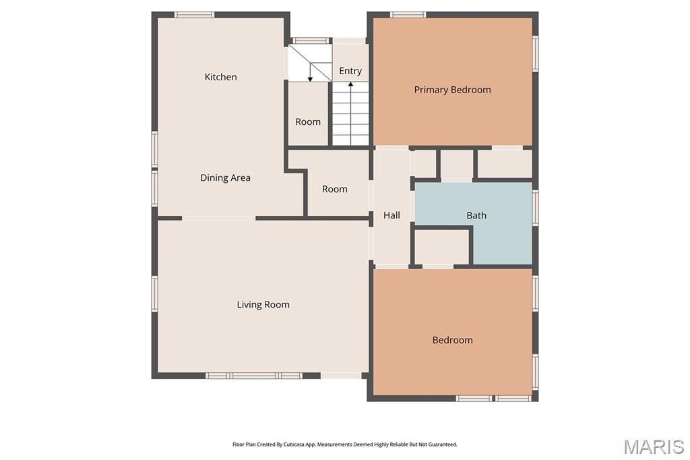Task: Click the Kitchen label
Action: (x=220, y=77)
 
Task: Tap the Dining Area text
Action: (x=225, y=178)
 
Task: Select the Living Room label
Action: (x=263, y=305)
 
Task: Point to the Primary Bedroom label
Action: (x=452, y=90)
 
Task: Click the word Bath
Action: (x=476, y=215)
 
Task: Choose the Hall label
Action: (x=391, y=215)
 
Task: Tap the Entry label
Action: (x=350, y=71)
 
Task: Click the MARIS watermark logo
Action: (x=653, y=447)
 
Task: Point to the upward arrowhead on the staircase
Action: (x=350, y=84)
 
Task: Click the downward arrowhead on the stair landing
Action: (x=310, y=80)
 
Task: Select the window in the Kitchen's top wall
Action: (x=194, y=15)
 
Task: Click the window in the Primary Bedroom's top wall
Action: (x=408, y=15)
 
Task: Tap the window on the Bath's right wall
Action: (x=535, y=208)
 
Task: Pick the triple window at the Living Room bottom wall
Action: (x=254, y=376)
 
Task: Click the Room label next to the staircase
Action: (x=307, y=122)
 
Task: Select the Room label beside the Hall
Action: (x=334, y=190)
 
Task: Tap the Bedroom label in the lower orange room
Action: (x=452, y=340)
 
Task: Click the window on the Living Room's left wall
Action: (x=155, y=294)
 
